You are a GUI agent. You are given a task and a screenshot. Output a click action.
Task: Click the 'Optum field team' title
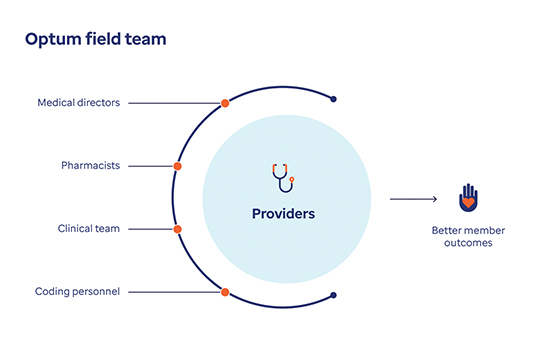tap(95, 39)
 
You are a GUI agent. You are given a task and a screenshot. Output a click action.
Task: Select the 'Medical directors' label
tap(78, 103)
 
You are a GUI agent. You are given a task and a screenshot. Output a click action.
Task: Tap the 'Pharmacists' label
tap(92, 166)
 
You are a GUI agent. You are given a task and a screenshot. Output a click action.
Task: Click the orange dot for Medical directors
tap(225, 103)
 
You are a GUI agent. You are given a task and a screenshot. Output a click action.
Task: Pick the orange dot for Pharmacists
tap(178, 166)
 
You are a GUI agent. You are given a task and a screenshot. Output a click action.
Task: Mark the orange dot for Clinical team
tap(178, 229)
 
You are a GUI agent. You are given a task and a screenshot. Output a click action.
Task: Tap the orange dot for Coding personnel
tap(225, 292)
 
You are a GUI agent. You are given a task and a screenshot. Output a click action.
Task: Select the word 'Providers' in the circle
tap(283, 214)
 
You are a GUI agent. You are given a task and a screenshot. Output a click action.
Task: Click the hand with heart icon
tap(467, 197)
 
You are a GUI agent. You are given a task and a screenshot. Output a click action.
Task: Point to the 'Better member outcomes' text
tap(468, 236)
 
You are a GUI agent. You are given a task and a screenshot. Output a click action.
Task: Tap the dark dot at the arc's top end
tap(333, 99)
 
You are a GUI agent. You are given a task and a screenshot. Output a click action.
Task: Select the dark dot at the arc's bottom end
tap(333, 295)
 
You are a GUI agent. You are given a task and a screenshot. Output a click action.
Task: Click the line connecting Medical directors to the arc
tap(175, 103)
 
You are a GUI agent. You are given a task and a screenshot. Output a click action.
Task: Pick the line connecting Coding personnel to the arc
tap(175, 292)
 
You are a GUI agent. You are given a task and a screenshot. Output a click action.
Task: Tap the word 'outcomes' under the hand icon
tap(468, 243)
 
